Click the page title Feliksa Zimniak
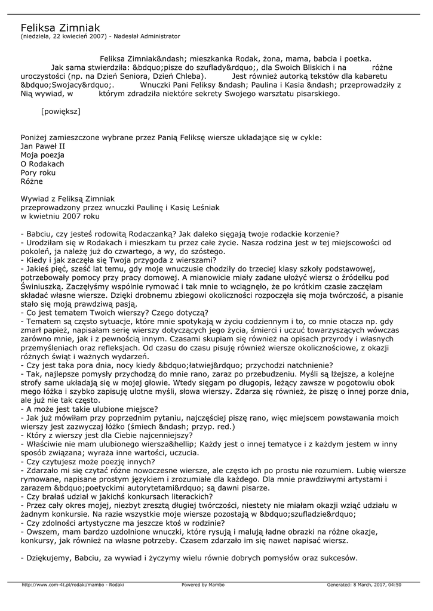click(60, 27)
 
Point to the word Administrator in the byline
click(157, 36)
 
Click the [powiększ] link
click(60, 111)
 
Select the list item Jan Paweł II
click(42, 146)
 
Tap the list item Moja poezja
click(44, 155)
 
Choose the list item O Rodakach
click(42, 163)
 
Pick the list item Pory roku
click(38, 172)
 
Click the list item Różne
click(32, 181)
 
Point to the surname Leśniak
click(204, 207)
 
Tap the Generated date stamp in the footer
click(364, 585)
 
